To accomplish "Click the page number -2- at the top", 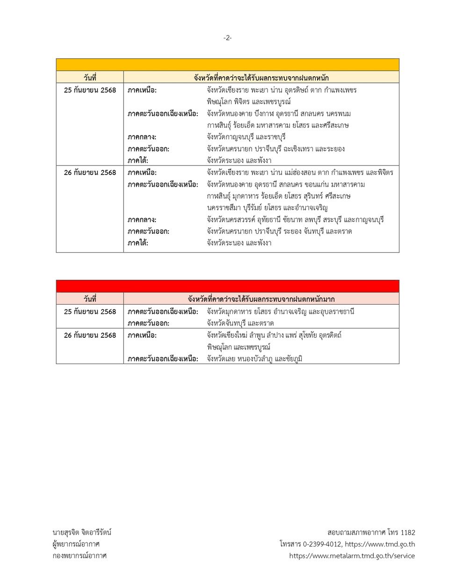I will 227,38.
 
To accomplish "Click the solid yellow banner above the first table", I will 227,65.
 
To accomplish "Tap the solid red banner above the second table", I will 227,286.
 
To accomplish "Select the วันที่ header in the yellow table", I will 90,78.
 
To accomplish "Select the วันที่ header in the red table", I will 90,299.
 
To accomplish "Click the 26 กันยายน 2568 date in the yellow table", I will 90,173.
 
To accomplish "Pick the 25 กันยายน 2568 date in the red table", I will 90,312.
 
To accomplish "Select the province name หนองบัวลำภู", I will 255,359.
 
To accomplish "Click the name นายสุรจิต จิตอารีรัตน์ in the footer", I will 82,532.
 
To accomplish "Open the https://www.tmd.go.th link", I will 380,544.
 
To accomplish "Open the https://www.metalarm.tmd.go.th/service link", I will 352,556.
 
